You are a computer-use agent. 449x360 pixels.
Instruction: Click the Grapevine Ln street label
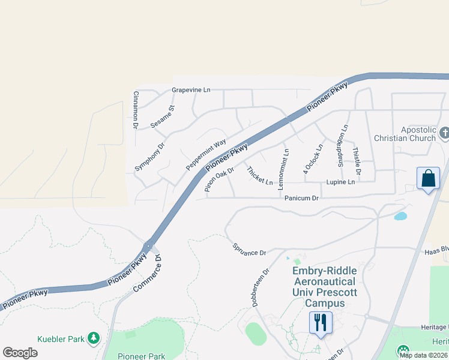[191, 90]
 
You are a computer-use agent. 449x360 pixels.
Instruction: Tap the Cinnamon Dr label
[136, 110]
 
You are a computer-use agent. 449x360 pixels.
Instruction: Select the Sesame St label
[162, 116]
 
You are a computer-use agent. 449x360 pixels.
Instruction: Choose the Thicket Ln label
[260, 176]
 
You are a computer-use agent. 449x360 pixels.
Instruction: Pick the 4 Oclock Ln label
[313, 159]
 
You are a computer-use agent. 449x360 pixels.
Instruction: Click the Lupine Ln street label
[340, 182]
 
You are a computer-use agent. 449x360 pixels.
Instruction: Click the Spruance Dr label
[249, 249]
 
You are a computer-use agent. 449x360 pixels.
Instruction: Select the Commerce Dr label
[148, 275]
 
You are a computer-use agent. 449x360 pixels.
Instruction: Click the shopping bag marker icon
[428, 179]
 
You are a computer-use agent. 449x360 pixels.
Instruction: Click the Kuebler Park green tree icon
[93, 339]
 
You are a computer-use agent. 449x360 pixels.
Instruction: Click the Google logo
[20, 352]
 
